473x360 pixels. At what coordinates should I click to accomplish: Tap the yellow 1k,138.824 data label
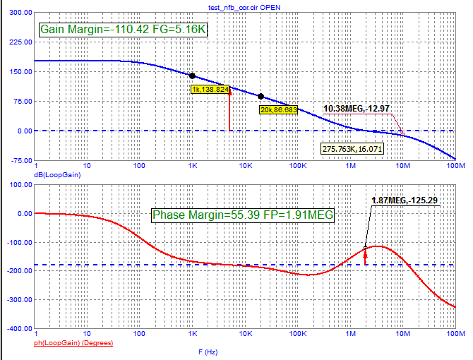[210, 90]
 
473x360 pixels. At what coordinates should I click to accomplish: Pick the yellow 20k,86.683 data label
[278, 109]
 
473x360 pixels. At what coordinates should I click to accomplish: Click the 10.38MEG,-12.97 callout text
[357, 109]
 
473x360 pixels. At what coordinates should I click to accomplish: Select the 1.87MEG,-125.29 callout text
[405, 200]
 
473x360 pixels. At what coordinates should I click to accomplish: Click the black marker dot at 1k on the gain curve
[192, 76]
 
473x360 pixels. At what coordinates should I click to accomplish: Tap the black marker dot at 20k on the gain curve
[261, 96]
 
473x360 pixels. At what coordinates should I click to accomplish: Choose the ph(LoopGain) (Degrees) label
[76, 343]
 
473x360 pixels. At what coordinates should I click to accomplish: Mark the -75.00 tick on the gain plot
[18, 160]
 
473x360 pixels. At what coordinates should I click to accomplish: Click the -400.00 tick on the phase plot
[17, 329]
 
